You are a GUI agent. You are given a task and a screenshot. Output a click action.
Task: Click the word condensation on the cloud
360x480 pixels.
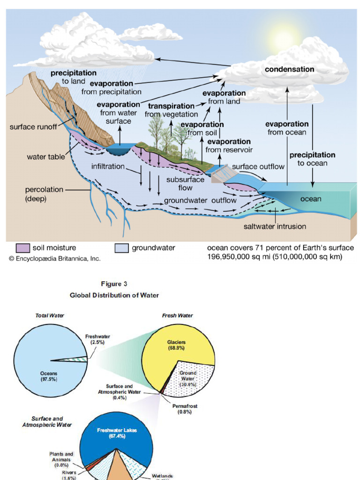(289, 69)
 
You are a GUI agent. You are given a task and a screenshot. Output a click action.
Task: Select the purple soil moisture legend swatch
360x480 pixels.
(23, 248)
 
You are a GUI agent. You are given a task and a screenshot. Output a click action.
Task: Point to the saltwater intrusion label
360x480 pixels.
(275, 226)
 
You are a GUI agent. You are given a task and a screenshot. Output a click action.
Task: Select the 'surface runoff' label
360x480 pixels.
(33, 127)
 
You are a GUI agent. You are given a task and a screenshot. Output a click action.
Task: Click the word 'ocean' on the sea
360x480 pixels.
(311, 199)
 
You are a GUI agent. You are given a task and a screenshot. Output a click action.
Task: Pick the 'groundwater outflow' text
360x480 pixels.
(200, 200)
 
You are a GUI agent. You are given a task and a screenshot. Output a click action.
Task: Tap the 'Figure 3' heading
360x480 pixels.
(114, 284)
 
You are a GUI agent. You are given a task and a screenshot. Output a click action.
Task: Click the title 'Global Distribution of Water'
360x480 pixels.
(114, 295)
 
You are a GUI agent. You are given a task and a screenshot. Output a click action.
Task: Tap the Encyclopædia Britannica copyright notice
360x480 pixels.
(54, 258)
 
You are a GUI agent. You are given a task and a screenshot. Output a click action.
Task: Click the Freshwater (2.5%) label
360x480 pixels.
(97, 339)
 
